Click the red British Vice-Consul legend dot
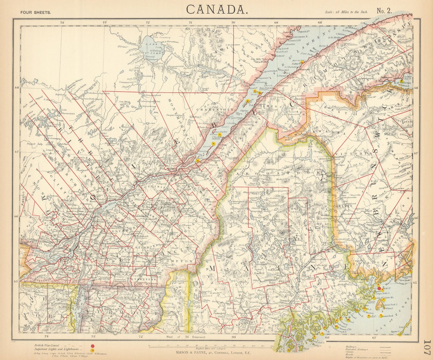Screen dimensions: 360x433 pos(93,346)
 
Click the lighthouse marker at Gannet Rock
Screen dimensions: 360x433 pos(381,315)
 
